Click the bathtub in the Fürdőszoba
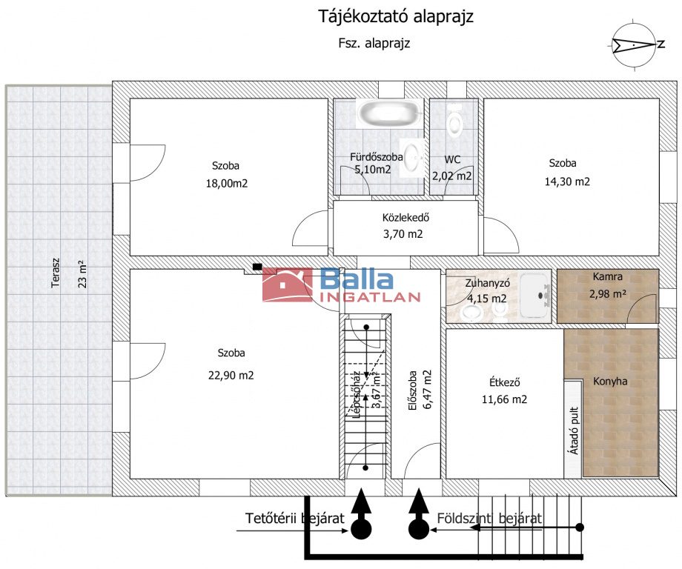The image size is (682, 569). (x=389, y=113)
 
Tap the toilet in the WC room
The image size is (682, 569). (x=454, y=121)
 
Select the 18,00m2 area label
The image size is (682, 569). (x=227, y=184)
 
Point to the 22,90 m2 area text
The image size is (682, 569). (x=231, y=375)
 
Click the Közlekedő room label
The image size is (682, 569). (x=405, y=217)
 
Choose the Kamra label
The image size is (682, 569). (x=607, y=276)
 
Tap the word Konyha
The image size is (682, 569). (x=610, y=382)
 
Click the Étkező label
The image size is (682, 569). (x=505, y=382)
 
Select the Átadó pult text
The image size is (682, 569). (x=574, y=430)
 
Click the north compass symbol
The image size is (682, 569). (x=633, y=44)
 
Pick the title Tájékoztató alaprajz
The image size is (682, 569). (x=396, y=16)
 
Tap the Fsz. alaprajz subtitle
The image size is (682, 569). (x=374, y=43)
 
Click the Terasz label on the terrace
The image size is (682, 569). (x=56, y=273)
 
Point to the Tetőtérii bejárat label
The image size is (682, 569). (x=294, y=518)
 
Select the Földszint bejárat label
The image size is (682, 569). (x=489, y=518)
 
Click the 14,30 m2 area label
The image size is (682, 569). (x=567, y=182)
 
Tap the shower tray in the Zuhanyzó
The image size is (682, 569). (x=535, y=296)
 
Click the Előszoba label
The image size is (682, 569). (x=412, y=390)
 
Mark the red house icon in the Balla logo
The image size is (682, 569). (x=288, y=284)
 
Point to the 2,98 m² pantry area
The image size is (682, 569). (x=608, y=294)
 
